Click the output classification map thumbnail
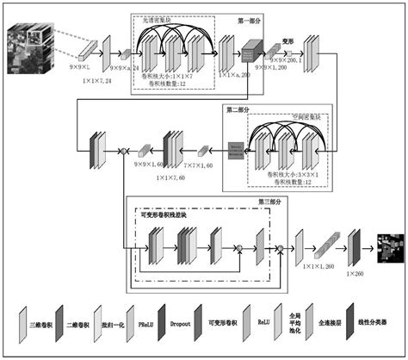pyautogui.click(x=385, y=247)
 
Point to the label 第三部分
pyautogui.click(x=269, y=202)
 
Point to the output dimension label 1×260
pyautogui.click(x=355, y=274)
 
